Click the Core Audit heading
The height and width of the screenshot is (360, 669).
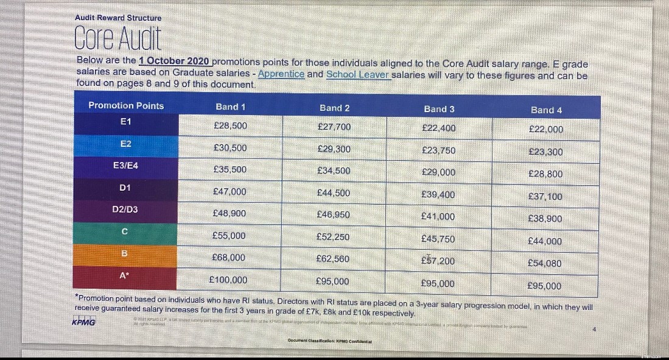point(118,39)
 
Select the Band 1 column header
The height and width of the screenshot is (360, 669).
point(230,107)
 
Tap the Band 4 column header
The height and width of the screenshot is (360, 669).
point(546,110)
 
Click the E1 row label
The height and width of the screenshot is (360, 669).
point(126,122)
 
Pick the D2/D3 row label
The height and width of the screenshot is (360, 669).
point(125,209)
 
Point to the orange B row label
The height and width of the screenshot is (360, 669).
point(124,253)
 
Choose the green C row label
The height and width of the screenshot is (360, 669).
point(124,231)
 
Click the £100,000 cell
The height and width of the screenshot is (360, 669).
point(228,280)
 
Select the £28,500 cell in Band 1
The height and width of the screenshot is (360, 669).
point(230,125)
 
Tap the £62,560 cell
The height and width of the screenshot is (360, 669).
point(333,259)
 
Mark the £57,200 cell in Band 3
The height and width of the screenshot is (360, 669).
point(438,261)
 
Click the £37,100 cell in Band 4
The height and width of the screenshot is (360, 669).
point(545,196)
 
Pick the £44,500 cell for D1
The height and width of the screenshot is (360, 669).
point(334,192)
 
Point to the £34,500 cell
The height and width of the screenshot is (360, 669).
point(334,171)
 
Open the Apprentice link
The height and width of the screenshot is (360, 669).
point(281,74)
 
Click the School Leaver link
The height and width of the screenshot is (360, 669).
point(357,74)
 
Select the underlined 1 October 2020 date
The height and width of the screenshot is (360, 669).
point(174,62)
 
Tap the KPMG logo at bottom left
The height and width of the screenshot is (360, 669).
point(83,322)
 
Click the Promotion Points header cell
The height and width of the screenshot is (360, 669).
point(126,105)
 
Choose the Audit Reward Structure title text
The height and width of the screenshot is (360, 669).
point(118,18)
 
